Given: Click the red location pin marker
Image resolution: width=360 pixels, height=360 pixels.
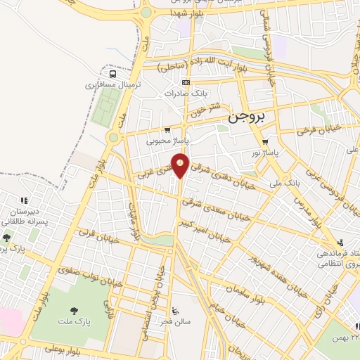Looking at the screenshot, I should pyautogui.click(x=181, y=165).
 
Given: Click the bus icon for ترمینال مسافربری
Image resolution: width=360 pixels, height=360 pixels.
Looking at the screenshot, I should pyautogui.click(x=112, y=75).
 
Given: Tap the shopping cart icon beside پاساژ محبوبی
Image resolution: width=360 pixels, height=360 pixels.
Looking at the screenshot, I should pyautogui.click(x=167, y=130).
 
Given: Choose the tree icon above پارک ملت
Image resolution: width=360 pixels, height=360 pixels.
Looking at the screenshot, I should pyautogui.click(x=74, y=310).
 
